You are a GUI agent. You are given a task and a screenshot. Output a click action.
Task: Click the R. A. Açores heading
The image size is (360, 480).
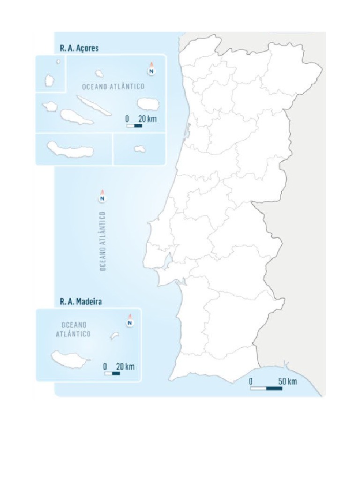(79, 48)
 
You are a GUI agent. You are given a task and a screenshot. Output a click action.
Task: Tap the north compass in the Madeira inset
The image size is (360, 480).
(130, 322)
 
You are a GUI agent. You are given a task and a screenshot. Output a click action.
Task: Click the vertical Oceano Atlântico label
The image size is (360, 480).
(103, 240)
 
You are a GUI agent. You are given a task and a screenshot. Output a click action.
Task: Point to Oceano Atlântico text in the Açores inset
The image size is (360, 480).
(113, 86)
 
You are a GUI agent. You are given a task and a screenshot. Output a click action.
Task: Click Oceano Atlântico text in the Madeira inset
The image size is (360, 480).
(76, 329)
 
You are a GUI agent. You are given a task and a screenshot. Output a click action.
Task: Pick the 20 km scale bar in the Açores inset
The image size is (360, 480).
(135, 126)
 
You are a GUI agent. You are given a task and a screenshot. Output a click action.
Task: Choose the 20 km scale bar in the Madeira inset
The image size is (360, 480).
(112, 374)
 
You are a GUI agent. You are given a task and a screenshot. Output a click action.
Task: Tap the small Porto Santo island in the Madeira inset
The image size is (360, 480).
(114, 335)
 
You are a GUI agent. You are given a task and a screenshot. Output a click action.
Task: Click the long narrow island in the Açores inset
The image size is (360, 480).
(94, 105)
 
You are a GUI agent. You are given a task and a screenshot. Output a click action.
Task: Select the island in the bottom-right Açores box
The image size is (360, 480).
(139, 149)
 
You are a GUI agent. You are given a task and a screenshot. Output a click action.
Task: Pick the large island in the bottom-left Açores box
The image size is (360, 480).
(70, 150)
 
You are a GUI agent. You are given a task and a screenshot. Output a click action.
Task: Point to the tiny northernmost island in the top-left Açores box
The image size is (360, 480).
(58, 61)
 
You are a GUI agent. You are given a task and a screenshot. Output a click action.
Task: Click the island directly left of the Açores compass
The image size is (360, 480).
(99, 73)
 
